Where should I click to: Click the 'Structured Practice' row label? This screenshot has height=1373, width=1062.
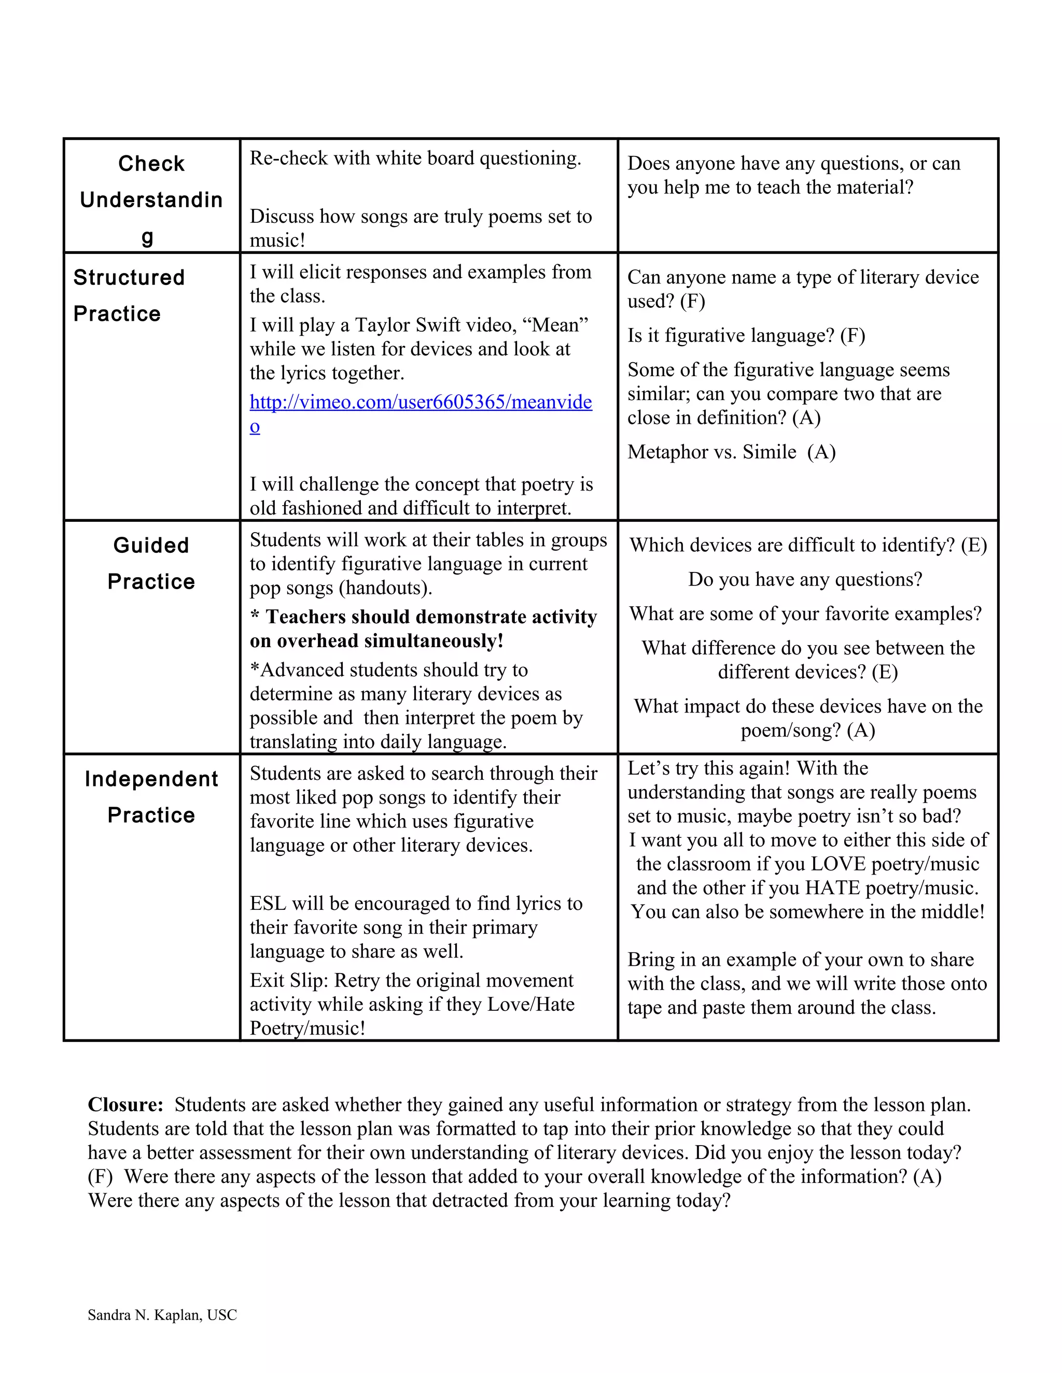coord(129,295)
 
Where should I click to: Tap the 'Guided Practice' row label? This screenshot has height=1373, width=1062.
coord(151,563)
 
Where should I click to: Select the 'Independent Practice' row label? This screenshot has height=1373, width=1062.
coord(151,796)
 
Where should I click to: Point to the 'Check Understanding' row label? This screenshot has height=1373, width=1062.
coord(151,199)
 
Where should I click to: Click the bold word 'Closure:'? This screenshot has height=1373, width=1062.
coord(125,1105)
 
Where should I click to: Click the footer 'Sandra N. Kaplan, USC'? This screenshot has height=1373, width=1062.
coord(162,1314)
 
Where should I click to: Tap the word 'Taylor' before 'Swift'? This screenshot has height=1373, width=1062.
coord(383,325)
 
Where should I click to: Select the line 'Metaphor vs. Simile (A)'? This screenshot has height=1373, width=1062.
coord(731,452)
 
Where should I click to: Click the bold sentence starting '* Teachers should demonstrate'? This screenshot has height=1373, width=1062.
coord(423,628)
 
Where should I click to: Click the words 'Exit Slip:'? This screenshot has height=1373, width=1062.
coord(289,980)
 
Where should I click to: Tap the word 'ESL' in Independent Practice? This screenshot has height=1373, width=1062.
coord(268,904)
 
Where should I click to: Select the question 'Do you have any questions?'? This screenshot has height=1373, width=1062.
coord(805,579)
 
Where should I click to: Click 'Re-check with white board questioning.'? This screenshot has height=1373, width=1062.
coord(415,158)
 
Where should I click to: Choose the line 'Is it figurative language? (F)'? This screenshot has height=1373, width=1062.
coord(746,336)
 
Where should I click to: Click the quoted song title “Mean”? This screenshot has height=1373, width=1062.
coord(555,325)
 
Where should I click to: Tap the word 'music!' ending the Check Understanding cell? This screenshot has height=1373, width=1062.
coord(277,240)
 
